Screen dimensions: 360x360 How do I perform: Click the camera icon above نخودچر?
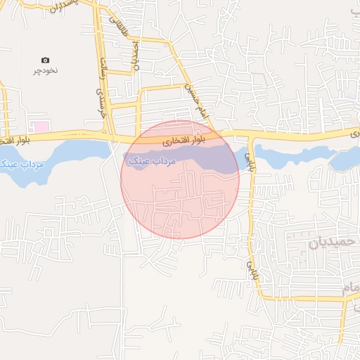coord(46,60)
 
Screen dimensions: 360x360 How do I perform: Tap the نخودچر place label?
coord(46,71)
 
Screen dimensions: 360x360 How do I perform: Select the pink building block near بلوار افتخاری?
coord(42,127)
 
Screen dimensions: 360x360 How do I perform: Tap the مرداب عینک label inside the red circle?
coord(151,162)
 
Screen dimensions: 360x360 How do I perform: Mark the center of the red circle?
coord(180,179)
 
